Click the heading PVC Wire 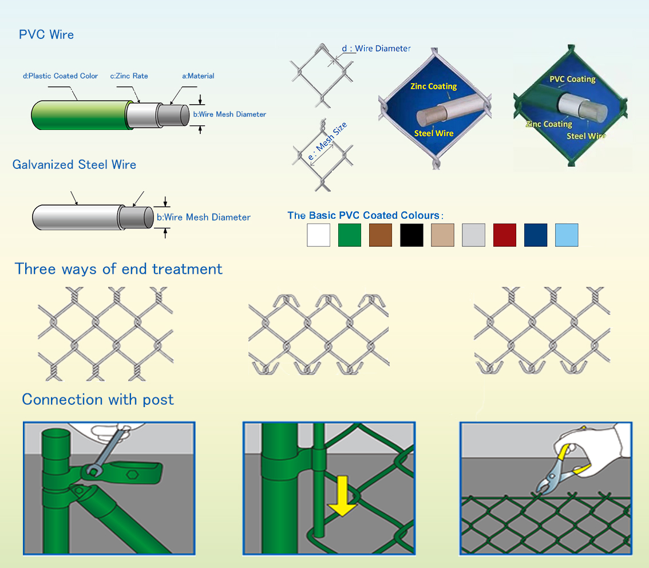46,35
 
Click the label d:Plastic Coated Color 60,76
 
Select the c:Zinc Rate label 129,76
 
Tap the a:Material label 198,76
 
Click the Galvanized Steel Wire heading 74,165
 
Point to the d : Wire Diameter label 376,49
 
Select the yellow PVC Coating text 572,79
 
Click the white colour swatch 318,235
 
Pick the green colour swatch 350,235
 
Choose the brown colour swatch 381,235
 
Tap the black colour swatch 411,235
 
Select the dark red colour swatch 504,235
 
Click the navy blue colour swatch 536,235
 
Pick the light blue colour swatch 567,235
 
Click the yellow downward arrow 342,498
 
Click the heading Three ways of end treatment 118,269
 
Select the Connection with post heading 98,399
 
